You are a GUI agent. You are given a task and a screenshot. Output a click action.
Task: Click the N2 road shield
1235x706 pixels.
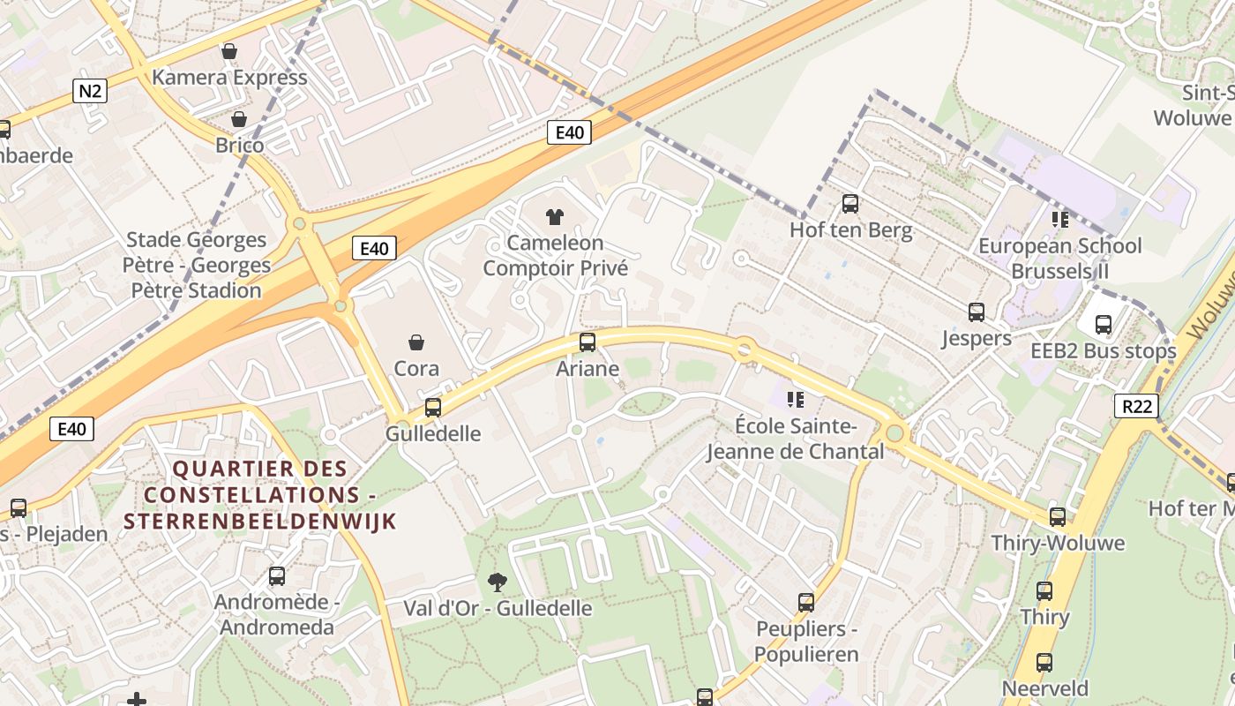coord(90,91)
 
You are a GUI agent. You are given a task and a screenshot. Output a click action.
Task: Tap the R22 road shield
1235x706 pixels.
coord(1136,406)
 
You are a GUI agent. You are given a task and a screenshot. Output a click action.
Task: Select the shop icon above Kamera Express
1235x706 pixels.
coord(229,51)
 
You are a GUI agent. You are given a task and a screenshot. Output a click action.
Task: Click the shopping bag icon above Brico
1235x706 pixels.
coord(238,118)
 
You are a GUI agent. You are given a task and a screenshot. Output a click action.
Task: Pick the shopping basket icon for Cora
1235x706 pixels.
coord(416,342)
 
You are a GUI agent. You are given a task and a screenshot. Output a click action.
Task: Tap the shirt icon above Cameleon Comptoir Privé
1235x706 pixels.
coord(555,216)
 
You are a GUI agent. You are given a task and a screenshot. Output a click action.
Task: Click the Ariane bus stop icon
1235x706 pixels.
coord(588,342)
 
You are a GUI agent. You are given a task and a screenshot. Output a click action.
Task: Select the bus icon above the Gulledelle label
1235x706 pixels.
coord(433,408)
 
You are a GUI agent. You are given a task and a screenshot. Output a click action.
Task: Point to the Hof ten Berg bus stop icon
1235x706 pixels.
coord(850,204)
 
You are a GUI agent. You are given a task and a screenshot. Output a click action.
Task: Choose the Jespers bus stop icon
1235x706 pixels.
coord(976,312)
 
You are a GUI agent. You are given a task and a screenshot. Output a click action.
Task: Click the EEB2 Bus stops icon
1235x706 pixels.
coord(1104,325)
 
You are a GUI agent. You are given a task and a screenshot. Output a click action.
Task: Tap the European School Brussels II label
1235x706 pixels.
coord(1059,258)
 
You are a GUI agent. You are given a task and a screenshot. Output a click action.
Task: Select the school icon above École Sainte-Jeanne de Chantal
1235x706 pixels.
coord(796,400)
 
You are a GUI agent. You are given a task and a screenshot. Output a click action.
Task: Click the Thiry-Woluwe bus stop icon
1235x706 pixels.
coord(1058,517)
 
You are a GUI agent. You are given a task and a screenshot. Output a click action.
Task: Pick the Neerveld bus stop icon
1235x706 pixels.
coord(1044,663)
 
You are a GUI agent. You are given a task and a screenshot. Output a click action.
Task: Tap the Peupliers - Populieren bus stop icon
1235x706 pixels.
coord(806,603)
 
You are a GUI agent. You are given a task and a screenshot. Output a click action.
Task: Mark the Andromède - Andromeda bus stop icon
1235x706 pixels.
coord(277,576)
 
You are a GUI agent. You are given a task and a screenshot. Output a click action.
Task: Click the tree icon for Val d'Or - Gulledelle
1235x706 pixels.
coord(498,582)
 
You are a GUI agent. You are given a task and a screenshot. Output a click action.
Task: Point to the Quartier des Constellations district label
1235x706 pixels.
coord(260,494)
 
